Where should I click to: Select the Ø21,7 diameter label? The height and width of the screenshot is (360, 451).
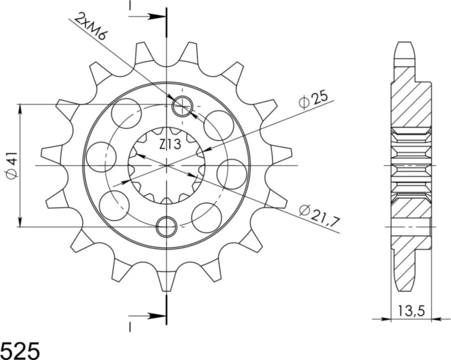319,214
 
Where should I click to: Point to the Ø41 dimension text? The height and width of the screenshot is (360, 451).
12,166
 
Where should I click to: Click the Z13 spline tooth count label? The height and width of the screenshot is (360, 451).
170,145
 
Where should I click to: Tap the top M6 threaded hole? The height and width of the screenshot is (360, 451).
183,106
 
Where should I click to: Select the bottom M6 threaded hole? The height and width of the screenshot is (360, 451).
166,226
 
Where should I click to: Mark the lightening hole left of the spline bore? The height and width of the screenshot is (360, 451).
101,157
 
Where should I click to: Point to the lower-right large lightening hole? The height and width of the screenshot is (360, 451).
207,218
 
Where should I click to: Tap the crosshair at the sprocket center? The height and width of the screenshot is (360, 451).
166,165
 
